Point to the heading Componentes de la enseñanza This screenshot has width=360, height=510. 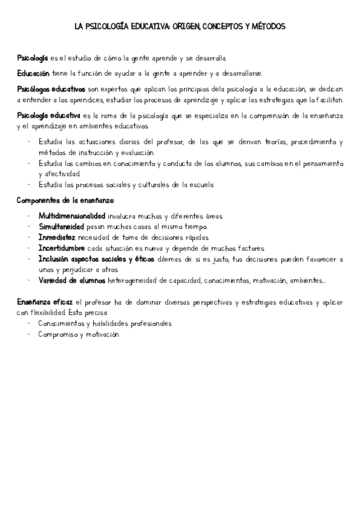tap(65, 200)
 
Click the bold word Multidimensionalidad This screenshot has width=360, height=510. tap(72, 215)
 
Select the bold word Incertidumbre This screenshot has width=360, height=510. tap(64, 248)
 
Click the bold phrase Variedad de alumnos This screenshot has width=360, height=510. tap(72, 280)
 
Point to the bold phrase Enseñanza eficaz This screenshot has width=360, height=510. tap(44, 302)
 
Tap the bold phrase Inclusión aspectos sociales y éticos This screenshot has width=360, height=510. tap(96, 259)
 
